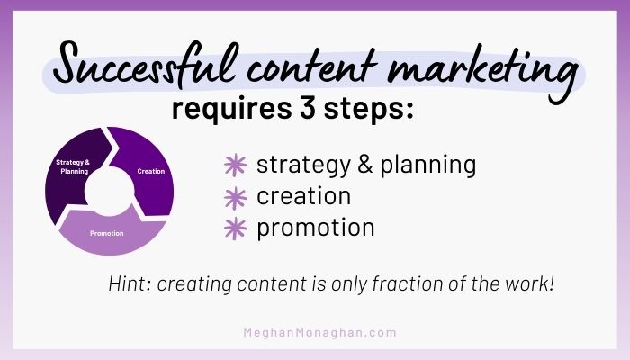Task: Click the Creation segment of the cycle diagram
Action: [148, 166]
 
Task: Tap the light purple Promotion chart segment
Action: [108, 231]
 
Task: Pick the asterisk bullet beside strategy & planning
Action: [234, 166]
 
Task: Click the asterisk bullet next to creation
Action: [234, 196]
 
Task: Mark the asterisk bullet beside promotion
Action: [234, 228]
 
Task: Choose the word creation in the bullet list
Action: [303, 195]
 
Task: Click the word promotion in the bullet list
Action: [315, 228]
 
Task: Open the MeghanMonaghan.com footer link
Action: [319, 332]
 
